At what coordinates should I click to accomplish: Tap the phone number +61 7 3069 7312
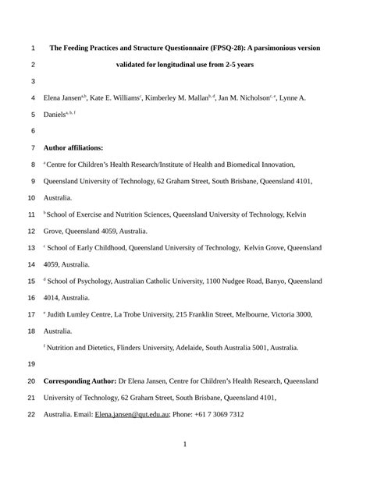(220, 414)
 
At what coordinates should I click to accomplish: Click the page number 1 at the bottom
(185, 445)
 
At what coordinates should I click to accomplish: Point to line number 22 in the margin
(31, 414)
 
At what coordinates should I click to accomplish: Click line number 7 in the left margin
(31, 147)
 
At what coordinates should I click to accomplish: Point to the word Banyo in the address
(265, 281)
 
